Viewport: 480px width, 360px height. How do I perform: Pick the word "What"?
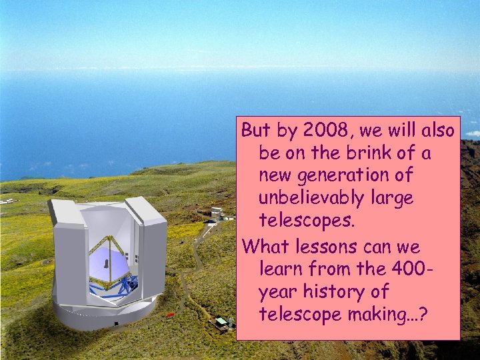[265, 247]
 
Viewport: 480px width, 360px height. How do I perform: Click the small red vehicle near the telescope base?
[169, 314]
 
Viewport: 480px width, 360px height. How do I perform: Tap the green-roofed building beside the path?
[221, 322]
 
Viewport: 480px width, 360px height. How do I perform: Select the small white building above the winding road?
[216, 215]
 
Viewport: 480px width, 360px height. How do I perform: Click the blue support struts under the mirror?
[110, 285]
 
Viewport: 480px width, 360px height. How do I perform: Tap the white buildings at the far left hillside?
[8, 200]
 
